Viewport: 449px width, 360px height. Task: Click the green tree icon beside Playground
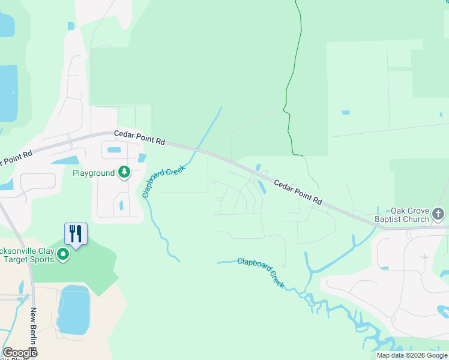click(124, 173)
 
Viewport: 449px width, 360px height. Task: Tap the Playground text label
click(94, 173)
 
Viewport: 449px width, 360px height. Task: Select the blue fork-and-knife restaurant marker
click(76, 233)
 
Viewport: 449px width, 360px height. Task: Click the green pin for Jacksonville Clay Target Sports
click(63, 256)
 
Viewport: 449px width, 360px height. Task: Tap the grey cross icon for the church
click(438, 214)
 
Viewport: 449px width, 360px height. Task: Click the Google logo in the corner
click(19, 352)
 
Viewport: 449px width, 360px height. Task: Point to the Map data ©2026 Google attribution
click(412, 355)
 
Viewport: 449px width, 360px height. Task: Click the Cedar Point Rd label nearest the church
click(299, 193)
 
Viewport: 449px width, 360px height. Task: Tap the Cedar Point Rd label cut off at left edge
click(16, 157)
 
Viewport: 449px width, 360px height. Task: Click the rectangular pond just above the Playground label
click(113, 149)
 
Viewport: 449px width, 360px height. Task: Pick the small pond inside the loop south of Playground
click(121, 205)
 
